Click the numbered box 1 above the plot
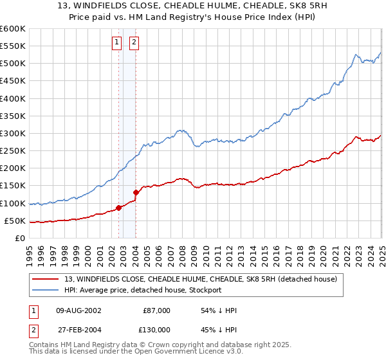116,43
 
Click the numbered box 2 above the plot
134,43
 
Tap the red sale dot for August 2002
118,208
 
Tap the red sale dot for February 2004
136,192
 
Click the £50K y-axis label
15,221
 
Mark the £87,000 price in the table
156,310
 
